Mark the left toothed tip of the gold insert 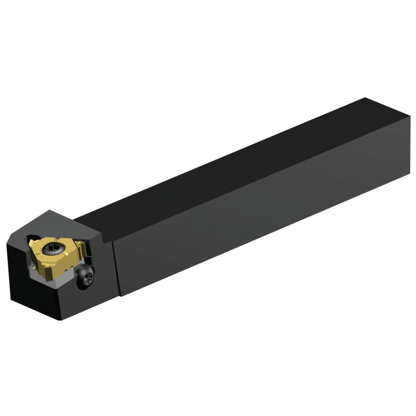click(31, 242)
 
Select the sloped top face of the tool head click(73, 229)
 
